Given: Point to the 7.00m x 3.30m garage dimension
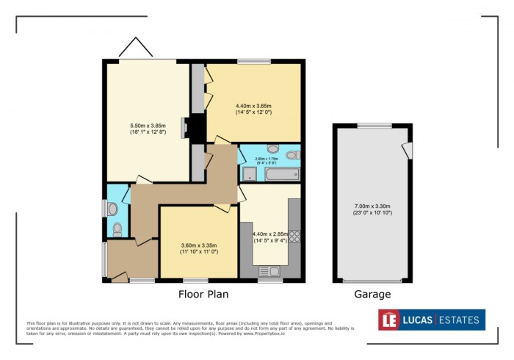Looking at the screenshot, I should click(372, 209).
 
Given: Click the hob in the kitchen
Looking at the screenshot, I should click(294, 237).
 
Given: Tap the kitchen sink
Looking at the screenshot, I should click(265, 271).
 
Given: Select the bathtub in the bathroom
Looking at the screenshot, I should click(281, 175).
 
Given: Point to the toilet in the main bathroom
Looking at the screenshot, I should click(292, 155).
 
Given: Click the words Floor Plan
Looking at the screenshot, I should click(203, 295).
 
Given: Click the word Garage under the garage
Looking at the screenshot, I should click(372, 295).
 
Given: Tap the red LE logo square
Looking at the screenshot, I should click(388, 320).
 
